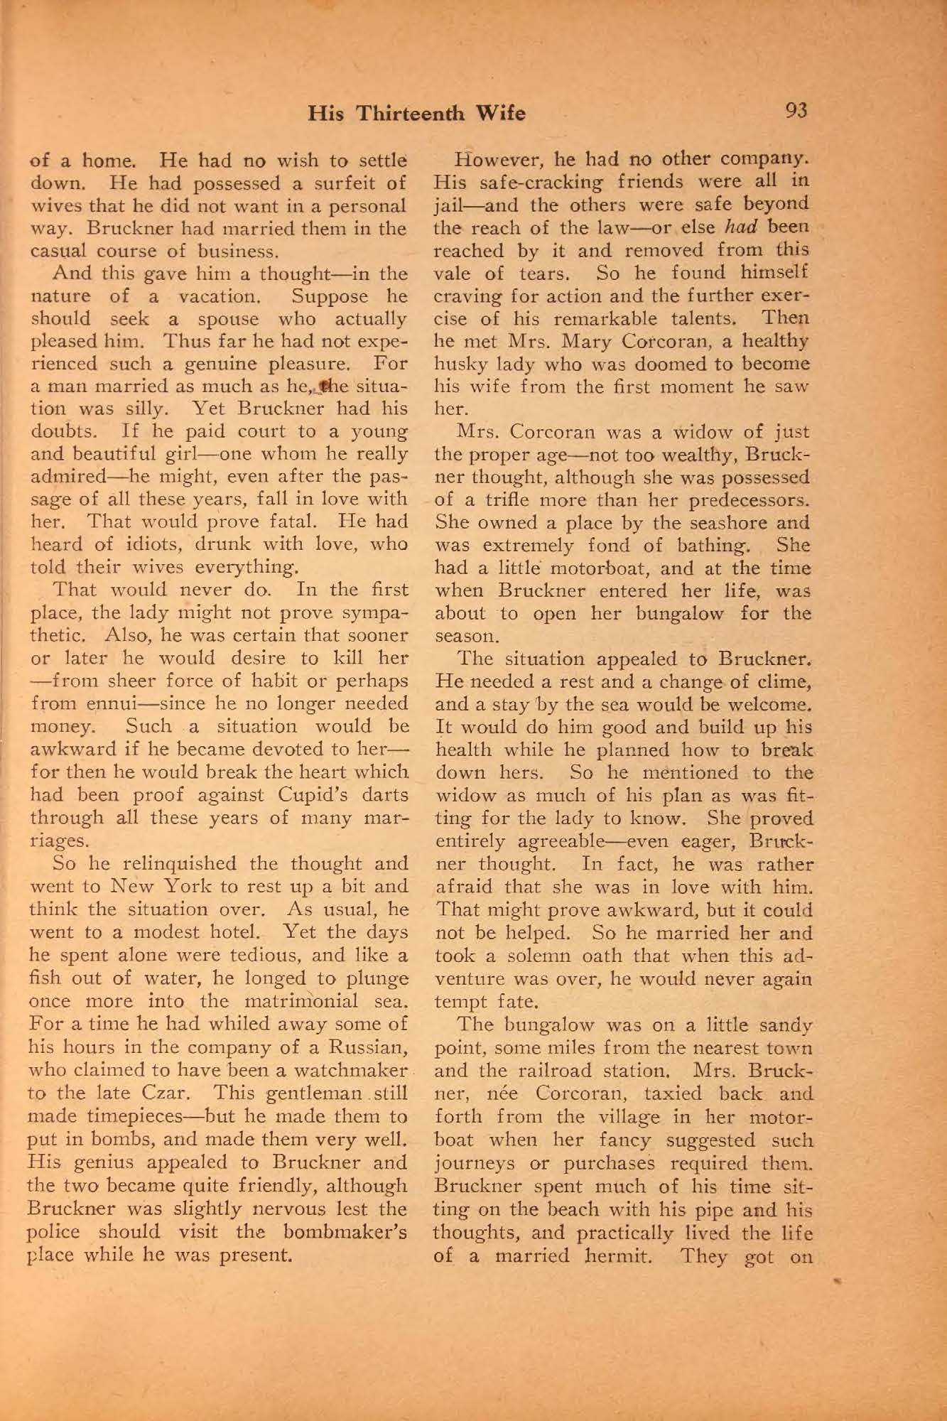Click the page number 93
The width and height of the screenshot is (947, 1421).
pyautogui.click(x=796, y=111)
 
